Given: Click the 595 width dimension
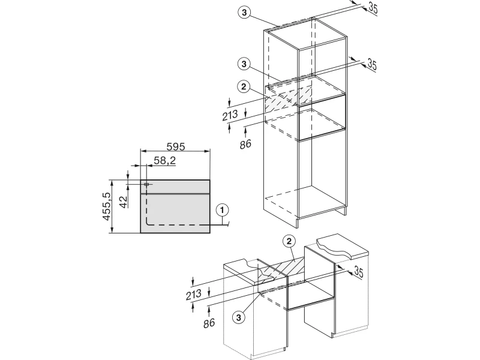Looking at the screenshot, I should [175, 146].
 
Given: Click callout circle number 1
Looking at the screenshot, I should [223, 210].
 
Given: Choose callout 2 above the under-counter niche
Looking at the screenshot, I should [289, 242].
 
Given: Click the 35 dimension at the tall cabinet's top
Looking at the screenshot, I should [372, 8].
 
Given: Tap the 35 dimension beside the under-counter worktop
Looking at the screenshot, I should [359, 274].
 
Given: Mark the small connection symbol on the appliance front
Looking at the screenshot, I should [146, 184].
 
